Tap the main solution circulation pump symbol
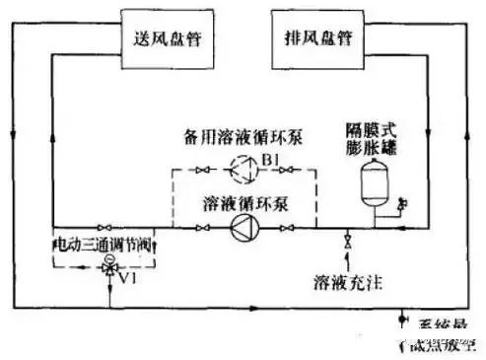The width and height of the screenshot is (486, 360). coord(242,227)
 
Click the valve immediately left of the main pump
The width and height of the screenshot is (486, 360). coord(204,227)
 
